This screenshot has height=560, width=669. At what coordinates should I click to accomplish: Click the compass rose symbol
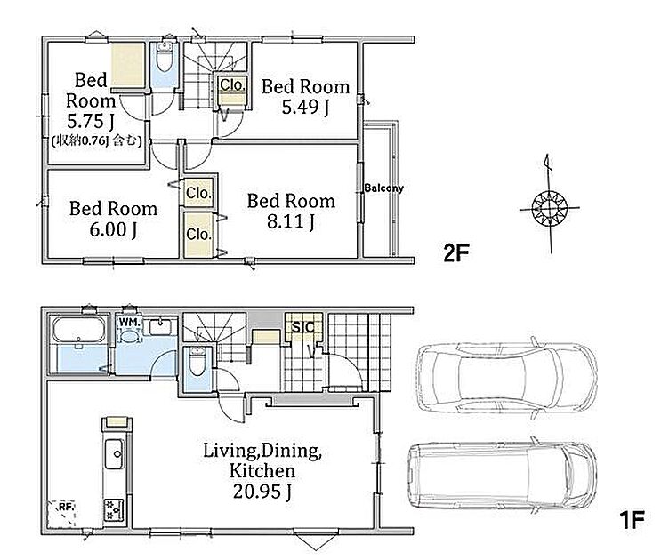tap(550, 208)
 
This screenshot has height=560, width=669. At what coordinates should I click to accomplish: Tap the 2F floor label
tap(456, 253)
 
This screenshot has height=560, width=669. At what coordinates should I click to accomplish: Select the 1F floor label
tap(632, 519)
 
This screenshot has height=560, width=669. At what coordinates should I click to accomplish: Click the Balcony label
tap(383, 188)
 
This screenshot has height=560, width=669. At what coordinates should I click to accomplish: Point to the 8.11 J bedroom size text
tap(291, 221)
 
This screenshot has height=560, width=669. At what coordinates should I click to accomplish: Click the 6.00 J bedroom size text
tap(113, 229)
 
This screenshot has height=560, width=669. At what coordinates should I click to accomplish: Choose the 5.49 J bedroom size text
tap(305, 107)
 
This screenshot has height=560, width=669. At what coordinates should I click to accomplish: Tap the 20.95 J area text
tap(262, 492)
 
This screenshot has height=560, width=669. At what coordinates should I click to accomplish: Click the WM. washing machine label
tap(129, 323)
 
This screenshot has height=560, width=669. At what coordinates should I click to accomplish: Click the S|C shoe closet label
tap(303, 327)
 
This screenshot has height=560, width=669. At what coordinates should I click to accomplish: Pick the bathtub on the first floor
tap(78, 330)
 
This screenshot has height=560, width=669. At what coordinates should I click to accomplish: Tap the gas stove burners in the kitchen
tap(114, 509)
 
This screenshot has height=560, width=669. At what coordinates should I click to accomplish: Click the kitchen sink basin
tap(114, 454)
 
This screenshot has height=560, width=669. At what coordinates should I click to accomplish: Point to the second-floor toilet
tap(164, 59)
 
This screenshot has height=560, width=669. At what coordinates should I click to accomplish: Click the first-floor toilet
tap(197, 363)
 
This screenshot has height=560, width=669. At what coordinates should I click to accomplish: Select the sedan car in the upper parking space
tap(506, 378)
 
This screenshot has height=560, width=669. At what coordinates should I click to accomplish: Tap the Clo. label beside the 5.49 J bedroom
tap(232, 85)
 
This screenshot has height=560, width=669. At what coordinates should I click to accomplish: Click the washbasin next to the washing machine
tap(160, 327)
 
